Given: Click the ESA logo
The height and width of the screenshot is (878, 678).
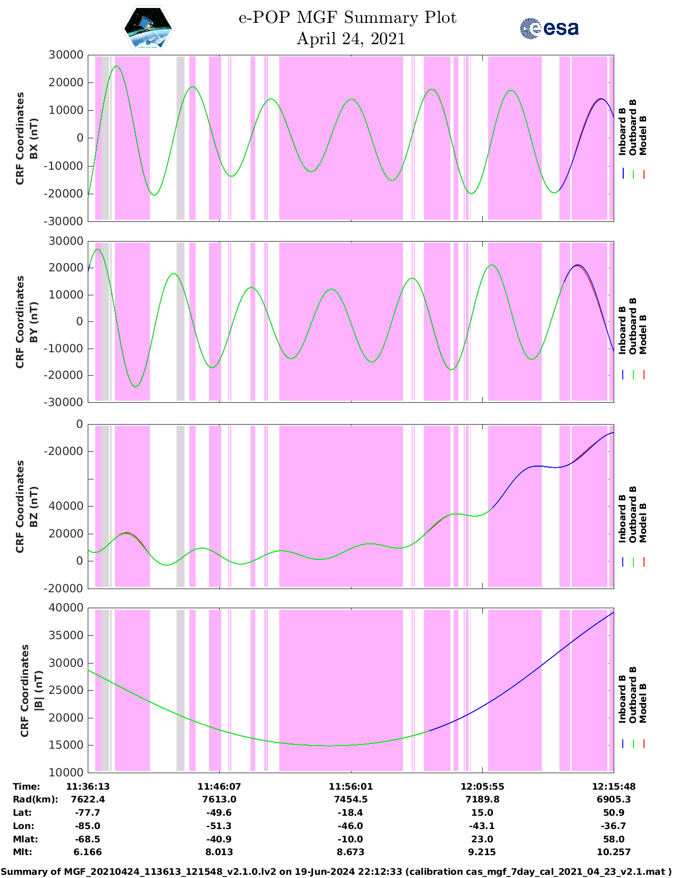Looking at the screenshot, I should click(549, 28).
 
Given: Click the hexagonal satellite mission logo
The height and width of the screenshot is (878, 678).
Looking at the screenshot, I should click(148, 29).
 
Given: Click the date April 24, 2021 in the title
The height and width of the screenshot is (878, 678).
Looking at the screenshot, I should click(350, 39).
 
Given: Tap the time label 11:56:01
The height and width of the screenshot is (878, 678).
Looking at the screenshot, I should click(350, 786).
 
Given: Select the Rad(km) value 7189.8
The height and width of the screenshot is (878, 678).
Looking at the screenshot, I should click(482, 799).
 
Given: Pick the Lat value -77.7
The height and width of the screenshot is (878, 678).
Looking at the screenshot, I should click(88, 813).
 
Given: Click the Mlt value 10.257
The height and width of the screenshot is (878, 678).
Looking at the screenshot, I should click(614, 852).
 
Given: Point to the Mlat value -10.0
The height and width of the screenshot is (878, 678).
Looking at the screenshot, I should click(350, 839).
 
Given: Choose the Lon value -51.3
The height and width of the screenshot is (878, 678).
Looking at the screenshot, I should click(219, 826).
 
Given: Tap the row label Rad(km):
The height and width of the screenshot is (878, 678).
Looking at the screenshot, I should click(35, 799).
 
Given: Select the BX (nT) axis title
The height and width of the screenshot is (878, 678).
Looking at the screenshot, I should click(34, 138).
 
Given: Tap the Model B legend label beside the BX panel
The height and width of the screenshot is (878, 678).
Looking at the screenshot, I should click(643, 135).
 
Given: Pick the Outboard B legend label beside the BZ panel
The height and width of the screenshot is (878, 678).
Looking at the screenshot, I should click(632, 514).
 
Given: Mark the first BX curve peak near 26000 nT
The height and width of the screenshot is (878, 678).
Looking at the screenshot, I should click(116, 67).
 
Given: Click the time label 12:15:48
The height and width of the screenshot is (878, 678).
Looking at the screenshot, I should click(614, 786).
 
